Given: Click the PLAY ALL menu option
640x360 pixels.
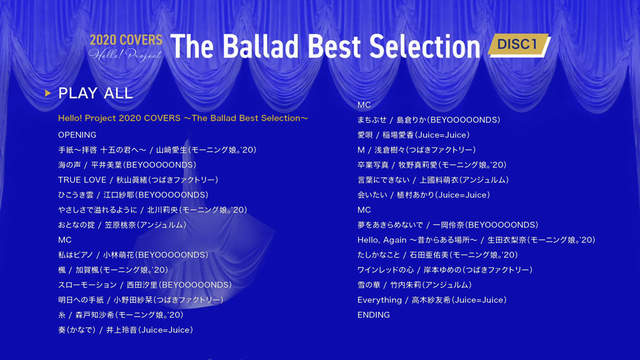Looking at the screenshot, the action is [96, 93].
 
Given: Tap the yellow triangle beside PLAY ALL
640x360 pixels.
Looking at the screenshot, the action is [47, 94].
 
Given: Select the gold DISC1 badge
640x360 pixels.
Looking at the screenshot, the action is [519, 44].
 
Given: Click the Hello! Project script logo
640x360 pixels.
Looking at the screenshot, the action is [125, 54].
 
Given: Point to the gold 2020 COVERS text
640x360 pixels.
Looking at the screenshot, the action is [126, 39].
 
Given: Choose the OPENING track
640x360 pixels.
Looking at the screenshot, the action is [77, 135].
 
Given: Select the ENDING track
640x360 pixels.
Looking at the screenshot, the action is [374, 315].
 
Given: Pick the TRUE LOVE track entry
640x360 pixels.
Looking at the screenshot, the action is [138, 180].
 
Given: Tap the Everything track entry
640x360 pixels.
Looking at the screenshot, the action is [432, 300].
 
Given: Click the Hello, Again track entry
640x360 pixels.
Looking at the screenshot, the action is [476, 240].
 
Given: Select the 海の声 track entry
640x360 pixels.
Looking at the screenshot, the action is [127, 165].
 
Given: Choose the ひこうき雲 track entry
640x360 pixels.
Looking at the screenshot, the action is [133, 195].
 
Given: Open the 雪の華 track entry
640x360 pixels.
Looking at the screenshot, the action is [414, 285].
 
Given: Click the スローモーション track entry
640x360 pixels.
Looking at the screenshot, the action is [145, 285].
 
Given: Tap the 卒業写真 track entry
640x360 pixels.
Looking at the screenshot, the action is [432, 165].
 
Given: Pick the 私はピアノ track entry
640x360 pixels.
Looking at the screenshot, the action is [133, 255].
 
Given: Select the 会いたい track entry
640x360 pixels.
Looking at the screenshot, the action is [424, 195].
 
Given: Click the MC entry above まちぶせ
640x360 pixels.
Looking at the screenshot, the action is [364, 105].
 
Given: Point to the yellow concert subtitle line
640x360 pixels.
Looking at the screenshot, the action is [183, 118].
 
